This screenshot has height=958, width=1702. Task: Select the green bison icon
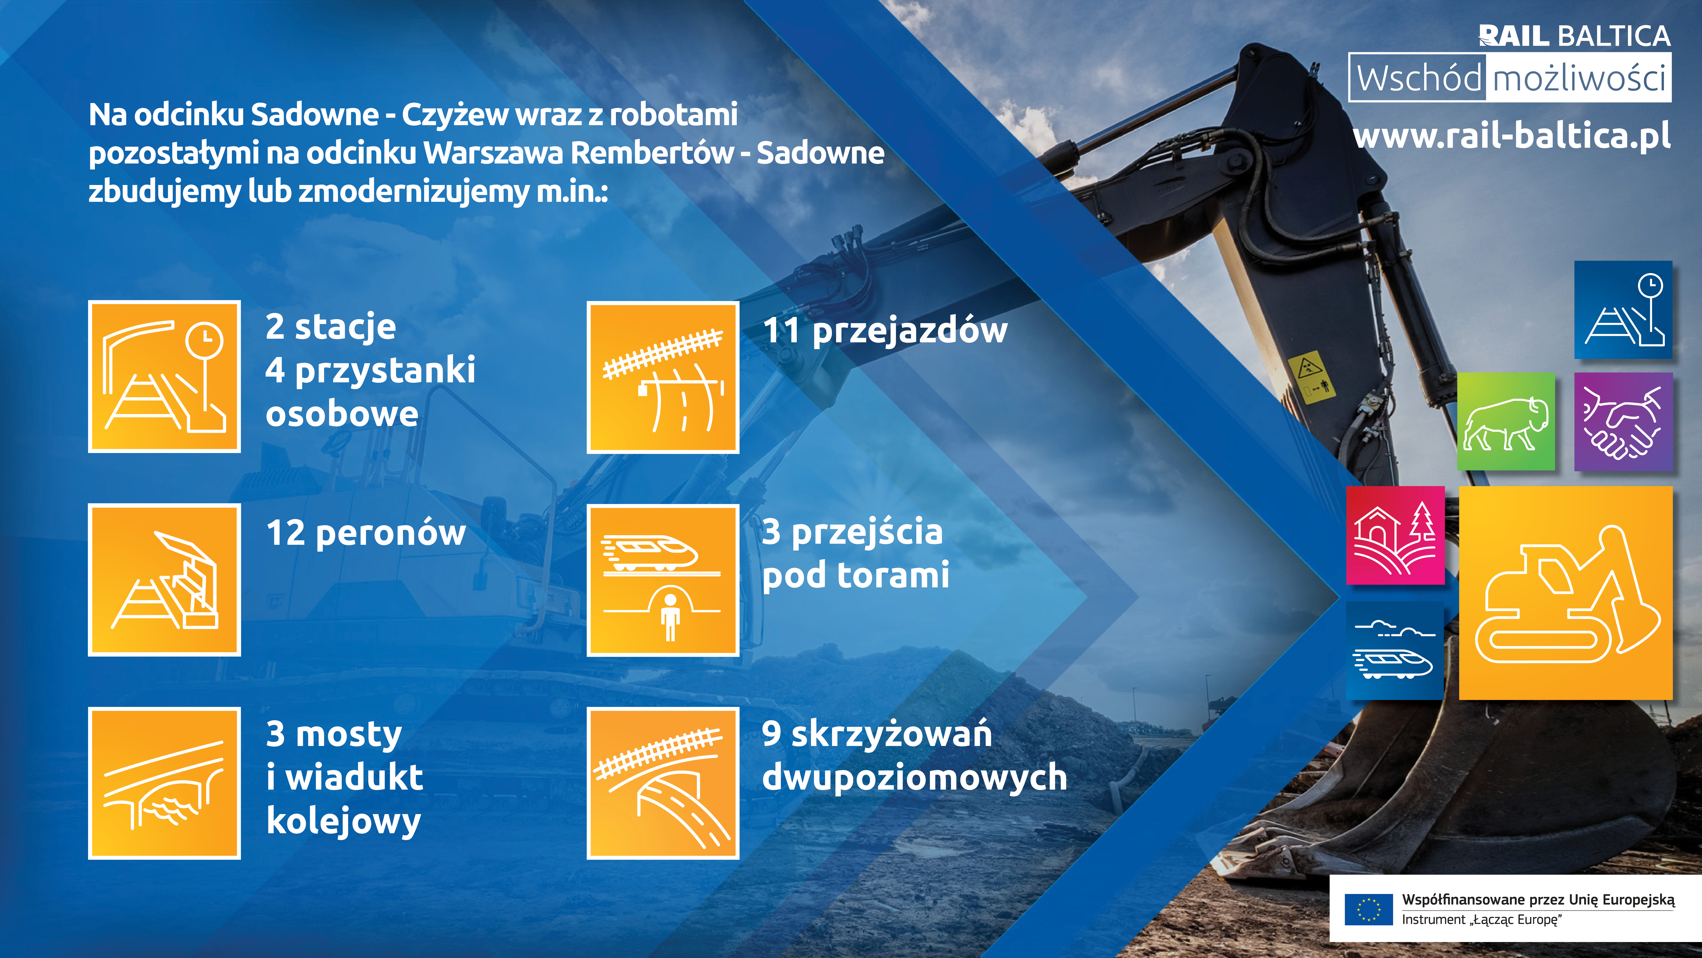1506,421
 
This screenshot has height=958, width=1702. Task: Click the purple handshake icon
1623,421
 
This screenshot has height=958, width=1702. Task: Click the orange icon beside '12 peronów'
164,580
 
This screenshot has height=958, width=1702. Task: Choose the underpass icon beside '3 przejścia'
663,580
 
